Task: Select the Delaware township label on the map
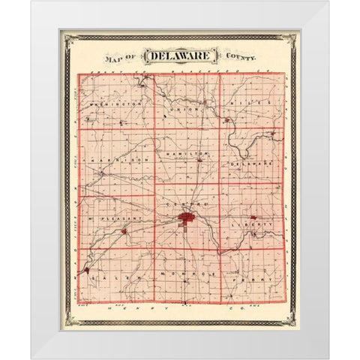point(246,162)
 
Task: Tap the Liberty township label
point(253,223)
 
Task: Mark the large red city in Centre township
point(185,219)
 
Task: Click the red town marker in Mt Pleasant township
point(123,231)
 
